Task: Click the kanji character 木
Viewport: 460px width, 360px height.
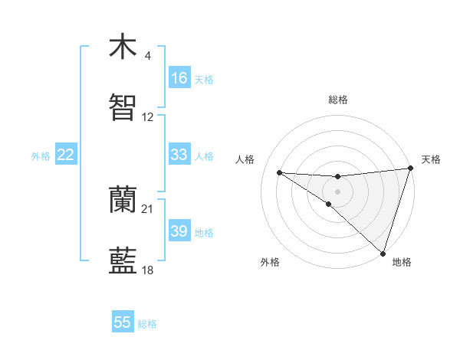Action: click(x=123, y=47)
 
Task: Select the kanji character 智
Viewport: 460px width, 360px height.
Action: click(x=123, y=109)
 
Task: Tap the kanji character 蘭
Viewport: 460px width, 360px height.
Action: click(x=123, y=201)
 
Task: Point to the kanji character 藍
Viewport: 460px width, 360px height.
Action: click(x=123, y=262)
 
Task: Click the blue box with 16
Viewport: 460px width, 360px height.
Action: click(x=179, y=78)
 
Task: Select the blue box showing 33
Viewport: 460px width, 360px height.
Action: click(x=179, y=155)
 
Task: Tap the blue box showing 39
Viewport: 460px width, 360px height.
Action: click(x=179, y=231)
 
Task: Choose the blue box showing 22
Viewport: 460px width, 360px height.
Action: click(x=66, y=155)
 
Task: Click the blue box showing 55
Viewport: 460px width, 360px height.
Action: click(x=123, y=322)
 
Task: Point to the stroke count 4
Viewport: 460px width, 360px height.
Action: click(x=148, y=56)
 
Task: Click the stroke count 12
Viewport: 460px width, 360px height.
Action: click(x=148, y=117)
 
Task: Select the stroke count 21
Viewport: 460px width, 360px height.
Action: click(x=148, y=209)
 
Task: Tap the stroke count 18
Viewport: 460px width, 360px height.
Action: click(x=148, y=270)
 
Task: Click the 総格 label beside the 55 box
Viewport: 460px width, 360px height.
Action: click(x=147, y=324)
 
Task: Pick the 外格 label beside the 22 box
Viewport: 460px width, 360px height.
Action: click(x=41, y=156)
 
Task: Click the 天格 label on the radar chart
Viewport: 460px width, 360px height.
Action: click(x=431, y=159)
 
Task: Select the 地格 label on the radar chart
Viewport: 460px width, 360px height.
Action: click(x=402, y=262)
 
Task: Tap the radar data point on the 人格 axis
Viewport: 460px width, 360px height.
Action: click(x=280, y=172)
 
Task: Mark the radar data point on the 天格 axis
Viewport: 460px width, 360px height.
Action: click(x=410, y=169)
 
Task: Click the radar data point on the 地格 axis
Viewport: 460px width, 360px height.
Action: click(x=383, y=253)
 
